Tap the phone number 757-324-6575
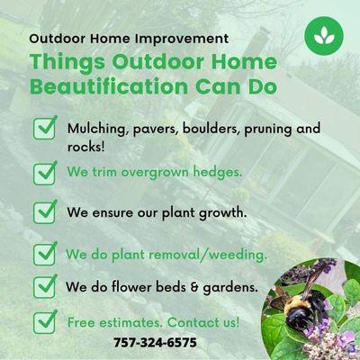click(x=155, y=342)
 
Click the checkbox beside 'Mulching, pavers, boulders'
click(x=45, y=130)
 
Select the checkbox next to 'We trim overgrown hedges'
click(x=45, y=171)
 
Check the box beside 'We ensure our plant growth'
click(x=45, y=212)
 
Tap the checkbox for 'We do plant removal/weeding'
click(x=45, y=254)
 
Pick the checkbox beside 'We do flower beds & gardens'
click(x=45, y=287)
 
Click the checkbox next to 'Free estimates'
click(x=45, y=320)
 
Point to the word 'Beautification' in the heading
click(x=91, y=87)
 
